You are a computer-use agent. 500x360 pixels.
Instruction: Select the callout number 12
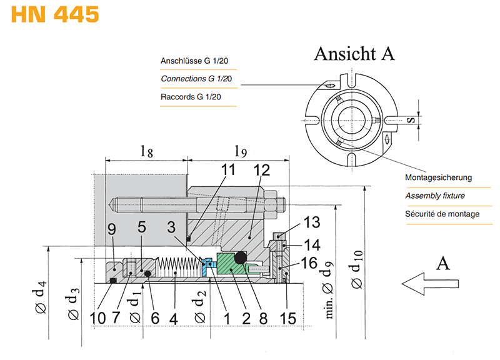pyautogui.click(x=261, y=169)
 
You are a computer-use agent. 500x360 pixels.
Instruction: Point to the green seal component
pyautogui.click(x=232, y=268)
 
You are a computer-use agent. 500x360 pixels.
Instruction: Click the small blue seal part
pyautogui.click(x=207, y=264)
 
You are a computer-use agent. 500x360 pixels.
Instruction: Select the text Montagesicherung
pyautogui.click(x=438, y=177)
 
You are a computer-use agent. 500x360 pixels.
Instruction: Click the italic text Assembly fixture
pyautogui.click(x=435, y=196)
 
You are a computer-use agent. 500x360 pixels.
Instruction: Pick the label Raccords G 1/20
pyautogui.click(x=191, y=97)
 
